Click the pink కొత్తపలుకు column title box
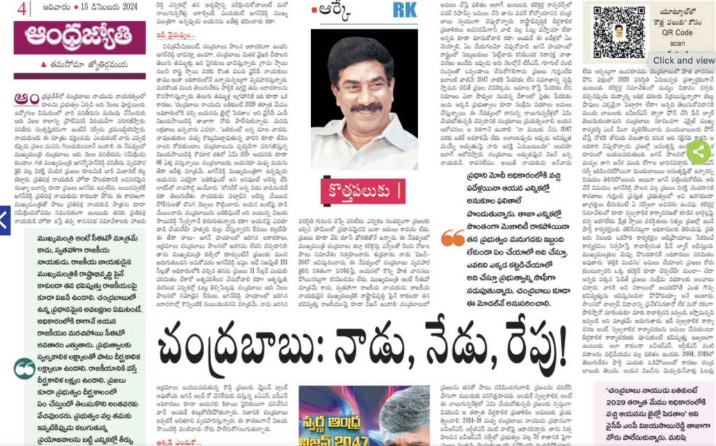point(364,190)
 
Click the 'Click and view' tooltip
point(683,61)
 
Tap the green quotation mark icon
point(24,367)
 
